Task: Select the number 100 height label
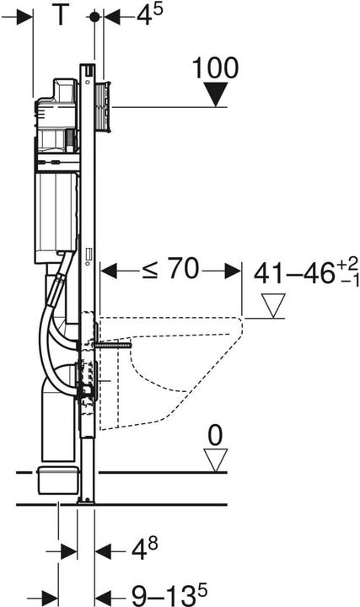click(x=215, y=67)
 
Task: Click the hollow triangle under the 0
click(x=217, y=459)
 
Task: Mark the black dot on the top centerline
click(x=94, y=16)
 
